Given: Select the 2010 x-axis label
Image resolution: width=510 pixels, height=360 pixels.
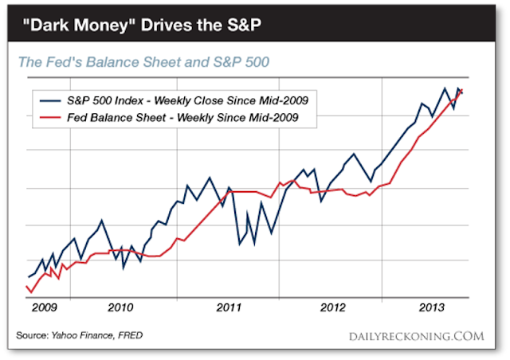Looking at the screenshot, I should [x=120, y=306].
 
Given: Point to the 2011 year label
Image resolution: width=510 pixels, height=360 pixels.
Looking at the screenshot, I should [x=229, y=306].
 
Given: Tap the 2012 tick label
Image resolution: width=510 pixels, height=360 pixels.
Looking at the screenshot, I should [x=331, y=306].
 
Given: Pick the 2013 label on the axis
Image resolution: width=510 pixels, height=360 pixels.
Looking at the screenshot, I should [x=433, y=306].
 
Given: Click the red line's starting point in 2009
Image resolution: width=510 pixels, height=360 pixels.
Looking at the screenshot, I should [x=27, y=287].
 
